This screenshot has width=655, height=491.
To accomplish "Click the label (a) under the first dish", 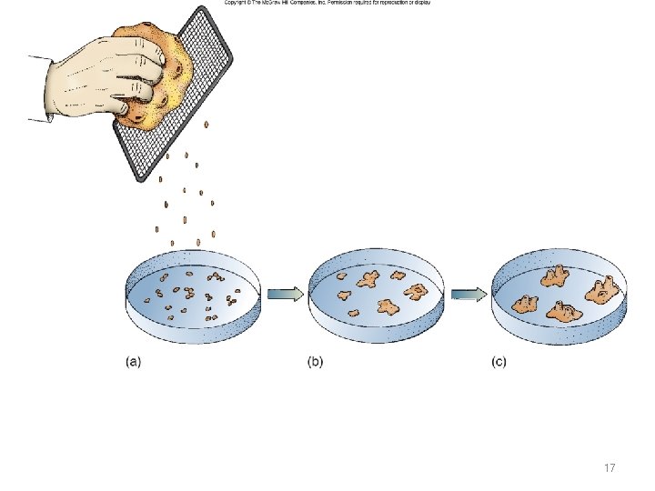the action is tap(133, 361).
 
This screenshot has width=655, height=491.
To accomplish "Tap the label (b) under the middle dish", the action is tap(315, 361).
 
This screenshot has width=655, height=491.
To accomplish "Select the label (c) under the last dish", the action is tap(499, 361).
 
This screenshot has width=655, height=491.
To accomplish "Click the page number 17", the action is tap(610, 467).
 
